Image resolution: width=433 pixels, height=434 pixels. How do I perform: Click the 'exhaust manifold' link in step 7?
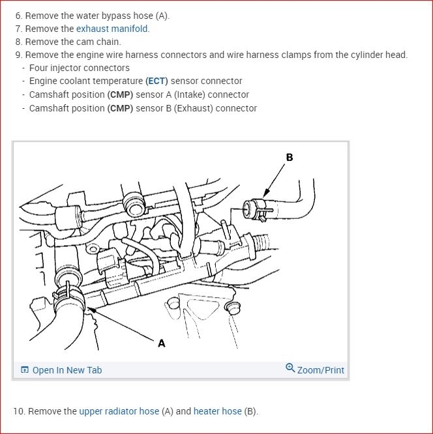tap(112, 29)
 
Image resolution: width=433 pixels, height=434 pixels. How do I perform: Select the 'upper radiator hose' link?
tap(119, 411)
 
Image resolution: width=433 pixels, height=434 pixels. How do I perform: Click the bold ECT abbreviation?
tap(157, 81)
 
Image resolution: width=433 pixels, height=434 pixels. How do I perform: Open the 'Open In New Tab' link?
tap(67, 370)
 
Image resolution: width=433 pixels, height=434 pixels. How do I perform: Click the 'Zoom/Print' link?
tap(320, 370)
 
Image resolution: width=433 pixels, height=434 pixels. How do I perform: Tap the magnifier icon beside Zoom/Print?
tap(290, 368)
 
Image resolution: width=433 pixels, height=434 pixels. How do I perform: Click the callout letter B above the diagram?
tap(290, 157)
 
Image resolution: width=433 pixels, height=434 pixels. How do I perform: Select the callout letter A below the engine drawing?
tap(162, 343)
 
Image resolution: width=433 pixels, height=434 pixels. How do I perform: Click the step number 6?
tap(18, 16)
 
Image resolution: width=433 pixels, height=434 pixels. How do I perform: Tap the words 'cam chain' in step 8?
tap(98, 42)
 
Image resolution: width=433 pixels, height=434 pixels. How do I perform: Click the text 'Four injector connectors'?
tap(79, 68)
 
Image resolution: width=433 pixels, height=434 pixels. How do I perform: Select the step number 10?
tap(18, 411)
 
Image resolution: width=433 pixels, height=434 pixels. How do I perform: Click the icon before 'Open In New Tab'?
tap(25, 370)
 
